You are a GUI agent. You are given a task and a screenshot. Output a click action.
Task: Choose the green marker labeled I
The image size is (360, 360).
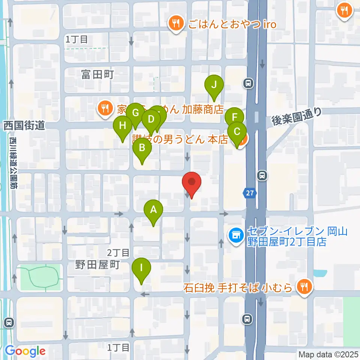[x=141, y=269]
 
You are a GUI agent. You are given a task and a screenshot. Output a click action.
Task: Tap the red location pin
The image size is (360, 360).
[x=192, y=183]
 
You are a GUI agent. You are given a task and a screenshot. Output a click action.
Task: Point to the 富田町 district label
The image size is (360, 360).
[x=97, y=75]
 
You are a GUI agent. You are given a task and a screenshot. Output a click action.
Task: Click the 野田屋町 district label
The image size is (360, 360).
[x=97, y=265]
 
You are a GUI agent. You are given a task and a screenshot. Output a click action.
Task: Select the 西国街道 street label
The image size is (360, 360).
[x=24, y=125]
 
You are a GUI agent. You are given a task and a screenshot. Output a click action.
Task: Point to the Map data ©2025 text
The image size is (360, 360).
[x=328, y=354]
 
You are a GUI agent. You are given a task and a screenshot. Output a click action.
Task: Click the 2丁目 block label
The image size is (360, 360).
[x=118, y=252]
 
